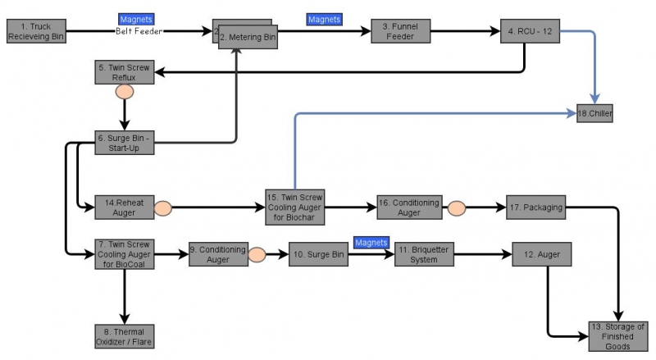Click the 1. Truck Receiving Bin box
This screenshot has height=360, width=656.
[34, 32]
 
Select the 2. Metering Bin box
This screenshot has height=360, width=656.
[248, 37]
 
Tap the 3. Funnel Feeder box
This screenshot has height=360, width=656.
[399, 32]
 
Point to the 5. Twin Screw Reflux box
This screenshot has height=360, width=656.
[124, 72]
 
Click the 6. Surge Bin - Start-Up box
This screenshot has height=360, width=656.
[124, 142]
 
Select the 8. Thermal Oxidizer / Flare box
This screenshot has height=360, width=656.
[125, 335]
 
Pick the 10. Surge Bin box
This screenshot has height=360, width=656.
[318, 255]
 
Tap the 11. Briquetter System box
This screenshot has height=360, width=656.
[423, 254]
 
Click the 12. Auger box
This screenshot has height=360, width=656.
[541, 254]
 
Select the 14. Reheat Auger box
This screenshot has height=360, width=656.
[125, 207]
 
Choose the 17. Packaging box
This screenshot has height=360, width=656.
[536, 207]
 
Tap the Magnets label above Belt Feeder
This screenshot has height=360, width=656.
[135, 18]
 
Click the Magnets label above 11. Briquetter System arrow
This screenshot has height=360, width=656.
[371, 242]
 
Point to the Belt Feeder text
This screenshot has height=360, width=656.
[139, 31]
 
